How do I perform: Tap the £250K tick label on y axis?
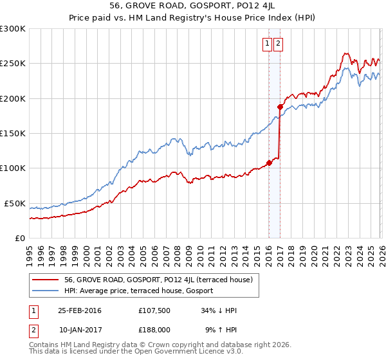[x=13, y=64]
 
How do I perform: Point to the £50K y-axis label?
[x=15, y=203]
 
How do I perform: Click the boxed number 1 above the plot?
[x=267, y=44]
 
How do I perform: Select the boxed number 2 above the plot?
[x=278, y=44]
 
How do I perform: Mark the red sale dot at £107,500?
[x=270, y=163]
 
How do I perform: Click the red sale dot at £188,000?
[x=280, y=107]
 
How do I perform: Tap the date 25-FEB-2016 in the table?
[x=79, y=310]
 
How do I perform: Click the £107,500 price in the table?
[x=154, y=310]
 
